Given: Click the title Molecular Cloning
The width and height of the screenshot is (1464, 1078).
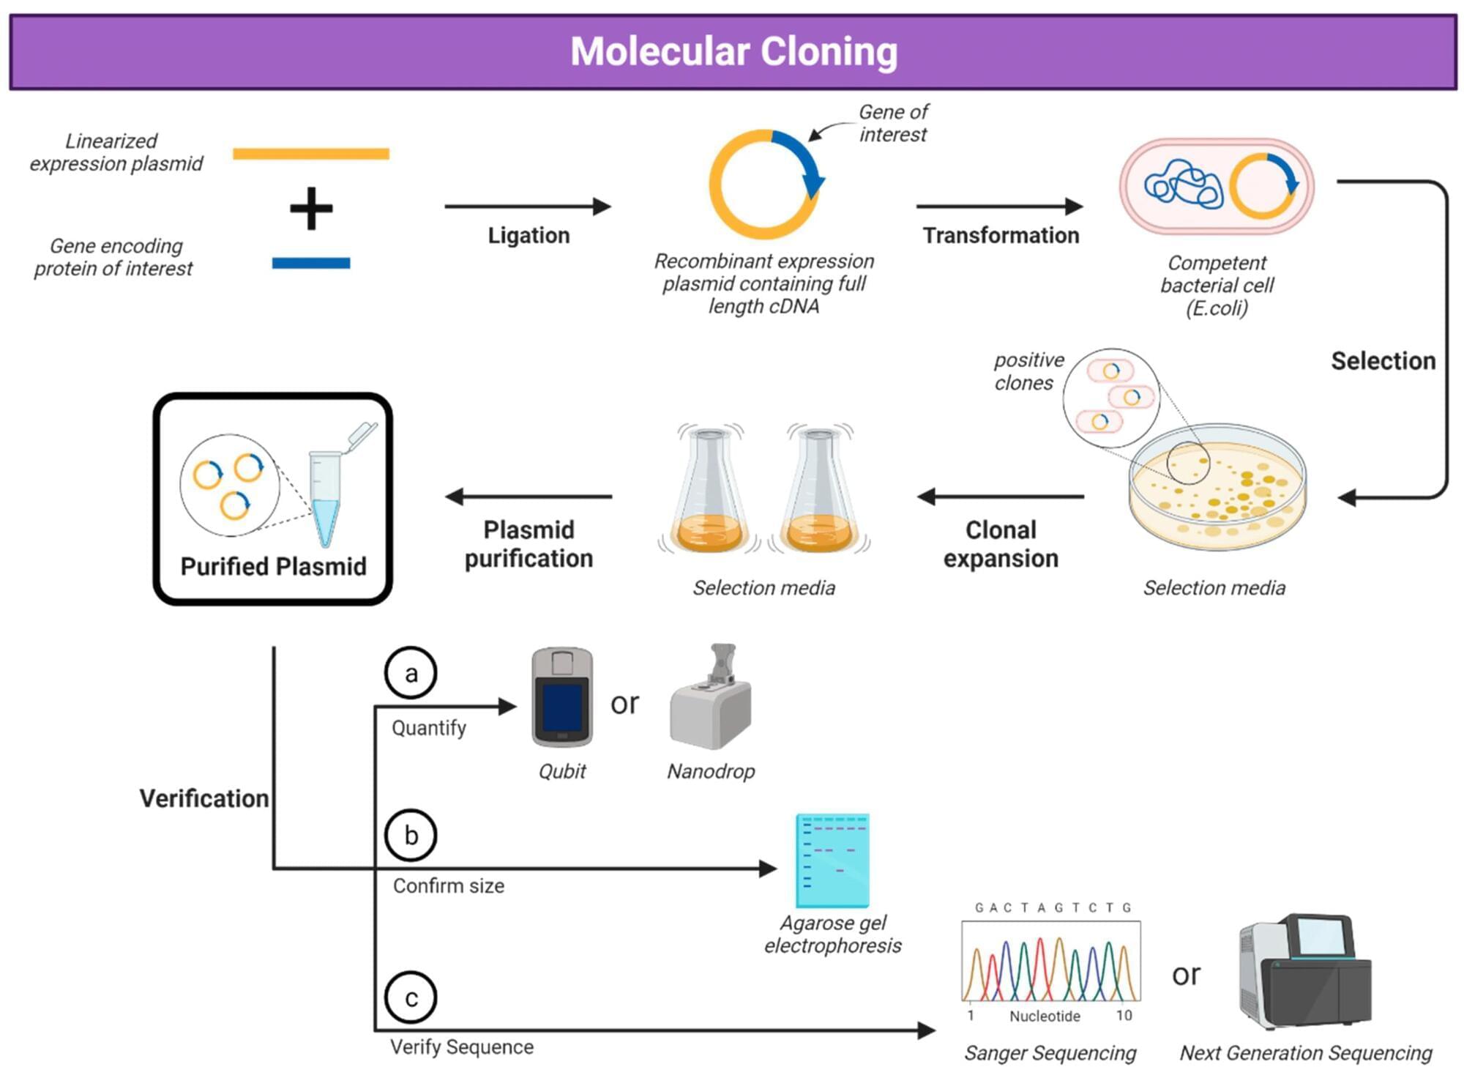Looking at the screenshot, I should pos(733,52).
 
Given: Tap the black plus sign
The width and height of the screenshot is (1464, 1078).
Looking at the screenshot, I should pos(311,209).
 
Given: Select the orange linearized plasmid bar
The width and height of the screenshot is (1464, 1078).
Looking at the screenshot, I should pos(311,154).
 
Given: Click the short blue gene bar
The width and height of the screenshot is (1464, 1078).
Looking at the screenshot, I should pos(311,263).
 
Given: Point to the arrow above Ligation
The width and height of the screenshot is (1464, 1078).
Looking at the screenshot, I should pos(527,207).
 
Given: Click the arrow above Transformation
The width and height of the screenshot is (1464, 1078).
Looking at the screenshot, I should pos(999,207).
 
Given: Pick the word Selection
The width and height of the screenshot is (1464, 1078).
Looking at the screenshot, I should pos(1383,361).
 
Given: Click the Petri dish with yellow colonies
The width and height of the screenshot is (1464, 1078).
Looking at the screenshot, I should pos(1217,487).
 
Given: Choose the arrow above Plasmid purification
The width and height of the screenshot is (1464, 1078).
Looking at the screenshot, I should pos(529,497).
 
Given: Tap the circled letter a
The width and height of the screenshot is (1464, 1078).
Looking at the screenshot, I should pos(411,673).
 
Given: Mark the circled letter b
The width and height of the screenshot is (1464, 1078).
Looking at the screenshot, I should pos(411,835).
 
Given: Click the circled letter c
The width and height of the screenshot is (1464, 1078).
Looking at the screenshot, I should pos(411,997).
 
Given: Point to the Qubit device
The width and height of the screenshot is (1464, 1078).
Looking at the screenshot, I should pos(561,697).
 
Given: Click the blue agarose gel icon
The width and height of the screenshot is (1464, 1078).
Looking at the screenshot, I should pos(832,860).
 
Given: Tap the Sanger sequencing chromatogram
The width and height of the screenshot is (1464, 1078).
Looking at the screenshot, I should pos(1051,962).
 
